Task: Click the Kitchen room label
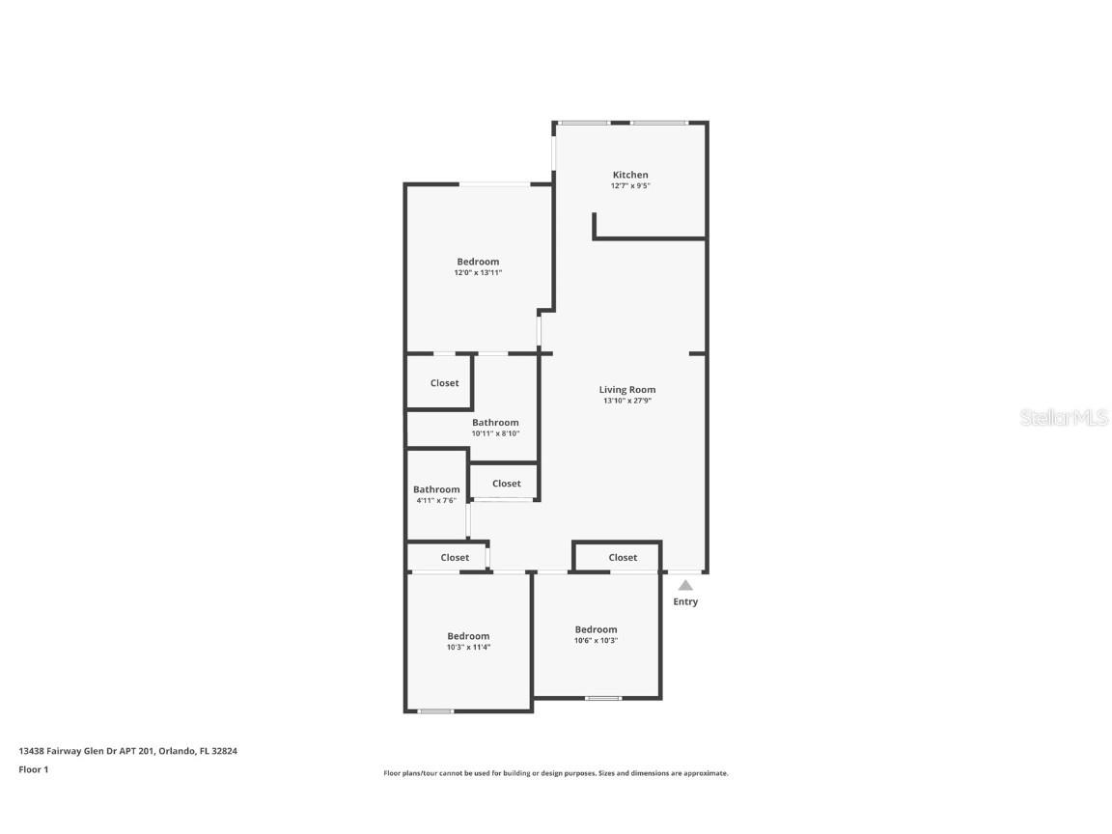630,175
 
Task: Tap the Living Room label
626,390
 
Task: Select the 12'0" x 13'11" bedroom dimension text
478,273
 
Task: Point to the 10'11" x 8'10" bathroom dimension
495,433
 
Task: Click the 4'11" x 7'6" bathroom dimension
436,500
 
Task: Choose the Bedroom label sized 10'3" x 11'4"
468,636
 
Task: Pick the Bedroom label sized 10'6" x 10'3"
596,629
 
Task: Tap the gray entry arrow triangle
685,585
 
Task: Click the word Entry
685,602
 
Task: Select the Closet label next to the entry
623,557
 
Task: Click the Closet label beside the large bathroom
507,484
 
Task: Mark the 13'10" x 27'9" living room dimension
626,401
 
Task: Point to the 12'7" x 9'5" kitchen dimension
630,185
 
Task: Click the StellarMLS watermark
1064,418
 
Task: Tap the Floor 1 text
33,769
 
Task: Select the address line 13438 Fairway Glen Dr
127,750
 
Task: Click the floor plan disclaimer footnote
556,773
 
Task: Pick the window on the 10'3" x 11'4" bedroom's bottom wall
435,711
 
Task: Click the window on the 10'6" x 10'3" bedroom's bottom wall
603,697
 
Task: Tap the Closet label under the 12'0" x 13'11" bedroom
445,383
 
